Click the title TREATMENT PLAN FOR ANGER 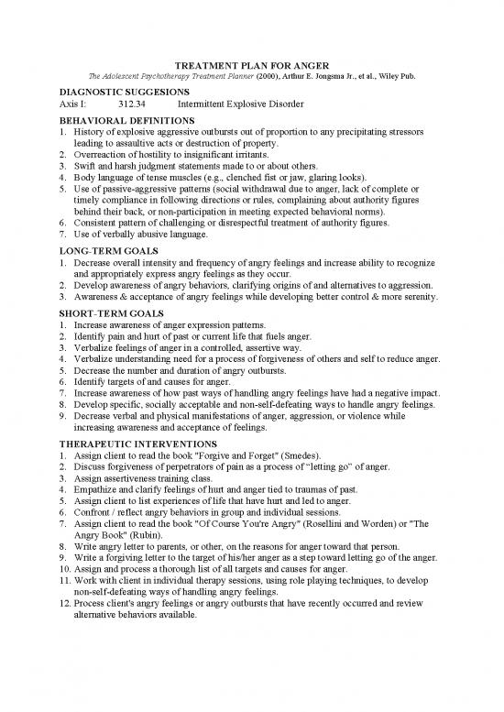[x=251, y=67]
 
